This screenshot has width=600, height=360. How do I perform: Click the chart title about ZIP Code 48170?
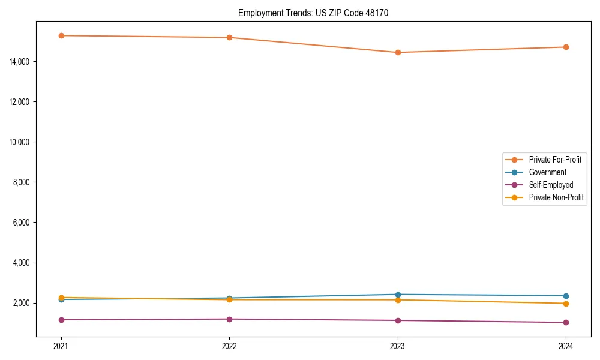click(313, 13)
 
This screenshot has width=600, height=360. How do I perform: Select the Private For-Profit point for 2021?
click(61, 35)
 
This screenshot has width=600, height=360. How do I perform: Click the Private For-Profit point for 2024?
click(566, 47)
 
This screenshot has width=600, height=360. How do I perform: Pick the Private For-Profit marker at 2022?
click(229, 37)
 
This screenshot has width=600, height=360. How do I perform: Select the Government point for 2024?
click(566, 296)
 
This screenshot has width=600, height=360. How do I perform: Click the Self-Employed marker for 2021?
click(61, 320)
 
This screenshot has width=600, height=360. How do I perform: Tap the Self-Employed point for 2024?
click(566, 322)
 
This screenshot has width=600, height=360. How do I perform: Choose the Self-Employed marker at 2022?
click(229, 319)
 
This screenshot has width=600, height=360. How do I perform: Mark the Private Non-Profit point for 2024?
click(566, 304)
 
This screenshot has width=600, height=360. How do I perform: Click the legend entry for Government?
click(547, 172)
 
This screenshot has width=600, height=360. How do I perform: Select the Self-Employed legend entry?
click(551, 185)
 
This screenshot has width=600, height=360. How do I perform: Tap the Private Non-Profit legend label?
click(556, 197)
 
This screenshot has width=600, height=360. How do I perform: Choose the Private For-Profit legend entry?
click(554, 160)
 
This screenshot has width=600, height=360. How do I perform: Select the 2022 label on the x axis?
click(229, 346)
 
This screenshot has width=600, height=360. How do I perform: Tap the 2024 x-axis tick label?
click(566, 346)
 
